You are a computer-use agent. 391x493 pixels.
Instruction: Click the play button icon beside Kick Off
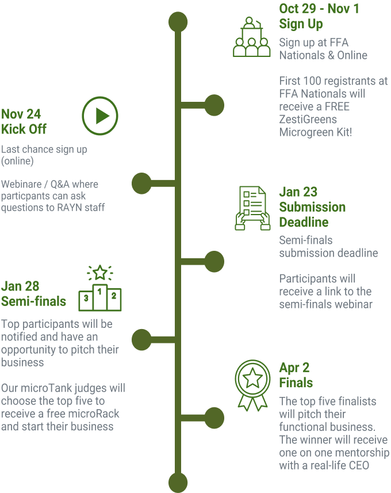coord(100,116)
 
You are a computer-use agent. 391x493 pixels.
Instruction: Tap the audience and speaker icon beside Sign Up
coord(251,37)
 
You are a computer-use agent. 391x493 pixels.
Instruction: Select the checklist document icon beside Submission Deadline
coord(252,208)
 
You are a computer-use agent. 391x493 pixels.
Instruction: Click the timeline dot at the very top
coord(178,21)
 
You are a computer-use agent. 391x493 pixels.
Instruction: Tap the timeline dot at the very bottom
coord(178,481)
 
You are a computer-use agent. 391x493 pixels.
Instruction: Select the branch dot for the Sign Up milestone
coord(214,105)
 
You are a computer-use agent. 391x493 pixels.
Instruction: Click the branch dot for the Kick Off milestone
coord(141,183)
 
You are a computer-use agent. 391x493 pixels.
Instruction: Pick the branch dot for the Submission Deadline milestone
coord(214,261)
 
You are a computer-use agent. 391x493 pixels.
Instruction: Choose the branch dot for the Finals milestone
coord(214,416)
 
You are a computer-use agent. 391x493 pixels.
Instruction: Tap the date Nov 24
coord(21,114)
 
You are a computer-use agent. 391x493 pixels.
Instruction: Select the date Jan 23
coord(298,192)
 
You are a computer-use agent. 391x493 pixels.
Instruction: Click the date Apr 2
coord(294,368)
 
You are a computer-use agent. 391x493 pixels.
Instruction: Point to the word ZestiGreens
coord(307,120)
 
